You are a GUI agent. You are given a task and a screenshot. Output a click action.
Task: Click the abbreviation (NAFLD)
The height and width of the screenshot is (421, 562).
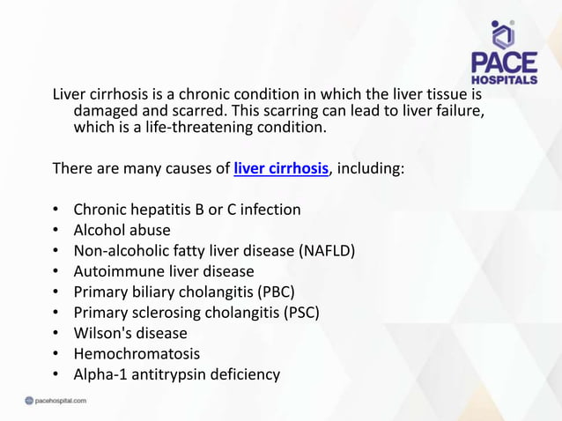click(x=328, y=251)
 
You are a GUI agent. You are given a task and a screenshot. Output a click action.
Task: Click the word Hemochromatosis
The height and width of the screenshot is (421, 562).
click(x=137, y=354)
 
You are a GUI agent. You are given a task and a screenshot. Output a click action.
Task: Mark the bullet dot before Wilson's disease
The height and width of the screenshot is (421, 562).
click(x=55, y=334)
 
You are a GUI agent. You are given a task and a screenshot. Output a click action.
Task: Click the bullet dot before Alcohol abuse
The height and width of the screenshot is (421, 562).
click(x=55, y=231)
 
